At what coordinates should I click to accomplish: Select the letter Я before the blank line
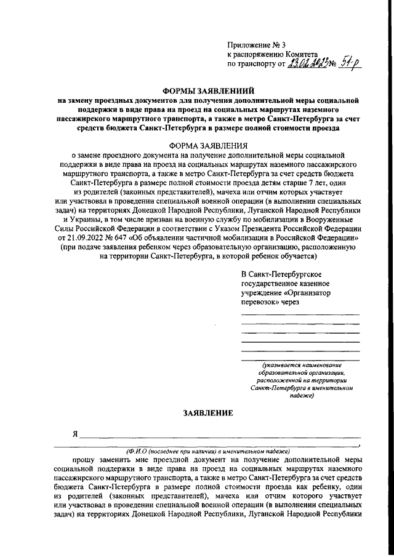click(74, 434)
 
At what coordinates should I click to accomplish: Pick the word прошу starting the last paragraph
click(84, 460)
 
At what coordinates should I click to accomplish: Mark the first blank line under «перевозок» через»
click(300, 315)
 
